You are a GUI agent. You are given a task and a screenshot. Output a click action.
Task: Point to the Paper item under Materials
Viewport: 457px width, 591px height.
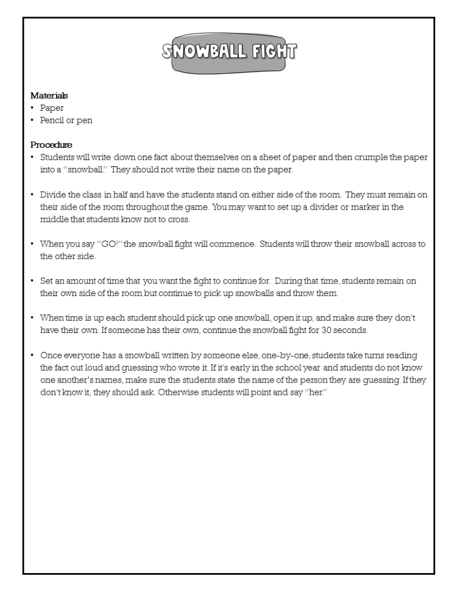tap(51, 108)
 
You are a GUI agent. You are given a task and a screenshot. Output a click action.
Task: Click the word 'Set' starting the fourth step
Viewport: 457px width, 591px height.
tap(46, 281)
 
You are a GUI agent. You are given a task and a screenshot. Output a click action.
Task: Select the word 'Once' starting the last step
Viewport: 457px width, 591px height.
tap(50, 356)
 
